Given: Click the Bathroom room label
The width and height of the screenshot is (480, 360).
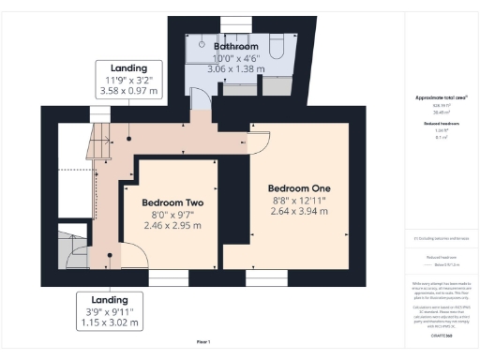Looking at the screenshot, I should pos(236,46).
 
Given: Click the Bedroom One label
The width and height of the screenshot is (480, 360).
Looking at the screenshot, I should pos(299,187).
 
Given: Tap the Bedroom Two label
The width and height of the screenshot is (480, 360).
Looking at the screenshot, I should pos(172,202).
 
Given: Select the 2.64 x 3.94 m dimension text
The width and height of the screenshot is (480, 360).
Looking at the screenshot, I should pos(299,212).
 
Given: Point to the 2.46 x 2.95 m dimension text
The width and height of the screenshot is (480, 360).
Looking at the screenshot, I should pos(172,227).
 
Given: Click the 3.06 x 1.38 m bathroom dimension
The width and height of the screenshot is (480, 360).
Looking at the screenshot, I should pos(236,70).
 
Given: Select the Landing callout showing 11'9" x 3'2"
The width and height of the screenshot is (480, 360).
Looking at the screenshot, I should pos(129,79).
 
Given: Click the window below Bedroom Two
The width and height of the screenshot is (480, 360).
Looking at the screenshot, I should pos(168,277).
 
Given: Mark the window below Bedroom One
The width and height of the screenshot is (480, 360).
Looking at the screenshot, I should pos(265,277).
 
